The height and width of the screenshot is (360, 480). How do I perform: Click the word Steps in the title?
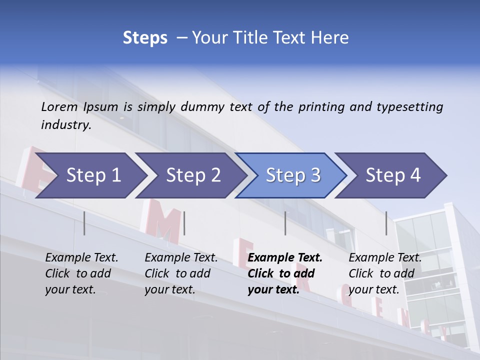coord(145,38)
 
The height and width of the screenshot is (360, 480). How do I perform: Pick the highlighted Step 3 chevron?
coord(293,175)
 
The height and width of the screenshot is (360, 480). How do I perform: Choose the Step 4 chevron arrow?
coord(393,175)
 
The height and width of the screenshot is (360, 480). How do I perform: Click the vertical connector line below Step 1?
coord(84,223)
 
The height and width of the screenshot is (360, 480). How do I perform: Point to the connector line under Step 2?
coord(184,223)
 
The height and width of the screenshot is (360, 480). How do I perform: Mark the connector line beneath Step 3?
coord(285,223)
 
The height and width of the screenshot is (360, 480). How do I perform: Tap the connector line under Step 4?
coord(386,223)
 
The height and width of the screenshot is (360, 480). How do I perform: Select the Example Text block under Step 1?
coord(81,273)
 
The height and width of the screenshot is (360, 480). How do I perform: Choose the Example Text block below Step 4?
coord(385,273)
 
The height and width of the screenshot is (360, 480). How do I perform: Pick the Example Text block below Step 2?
coord(181,273)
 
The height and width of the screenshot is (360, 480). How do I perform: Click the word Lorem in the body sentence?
coord(59,107)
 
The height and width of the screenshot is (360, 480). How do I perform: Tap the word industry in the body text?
coord(65,125)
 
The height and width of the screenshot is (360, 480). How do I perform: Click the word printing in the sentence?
coord(321,107)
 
